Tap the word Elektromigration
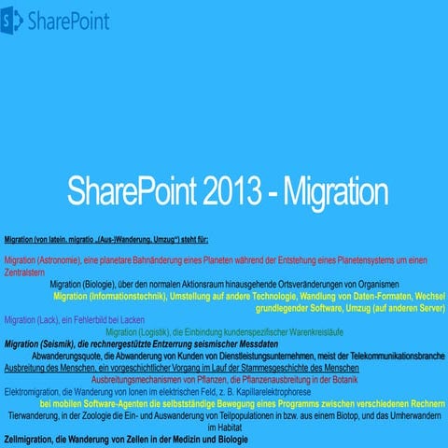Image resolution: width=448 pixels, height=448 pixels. coord(33,392)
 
